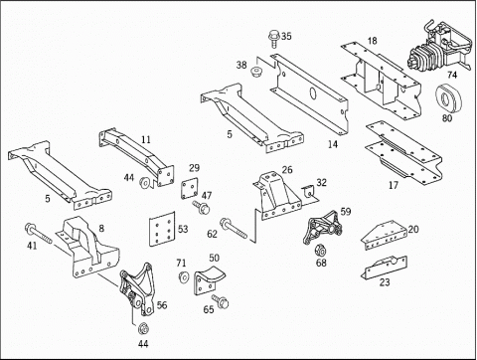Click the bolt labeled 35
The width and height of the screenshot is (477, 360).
point(274,39)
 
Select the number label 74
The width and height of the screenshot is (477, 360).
point(452,75)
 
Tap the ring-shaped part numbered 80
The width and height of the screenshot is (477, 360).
point(448,98)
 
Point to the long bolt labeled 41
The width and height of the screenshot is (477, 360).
point(39,234)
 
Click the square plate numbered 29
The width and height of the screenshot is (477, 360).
point(190,188)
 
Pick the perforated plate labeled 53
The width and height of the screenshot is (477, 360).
point(162,229)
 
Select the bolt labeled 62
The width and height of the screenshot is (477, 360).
point(234,229)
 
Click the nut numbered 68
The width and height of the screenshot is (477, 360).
point(320,250)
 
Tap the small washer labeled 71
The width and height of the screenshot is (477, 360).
point(183,277)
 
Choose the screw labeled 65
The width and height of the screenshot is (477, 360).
point(221,300)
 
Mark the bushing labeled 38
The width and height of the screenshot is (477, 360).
point(256,73)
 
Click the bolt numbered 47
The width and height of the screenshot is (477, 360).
point(201,207)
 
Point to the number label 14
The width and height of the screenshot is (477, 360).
point(333,144)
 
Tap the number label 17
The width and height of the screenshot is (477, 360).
point(394,185)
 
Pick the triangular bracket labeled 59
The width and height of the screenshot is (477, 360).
point(322,228)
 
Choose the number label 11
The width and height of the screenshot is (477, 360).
point(146,139)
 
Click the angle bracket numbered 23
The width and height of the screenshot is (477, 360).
point(384,267)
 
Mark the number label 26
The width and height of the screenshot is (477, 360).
point(287,170)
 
